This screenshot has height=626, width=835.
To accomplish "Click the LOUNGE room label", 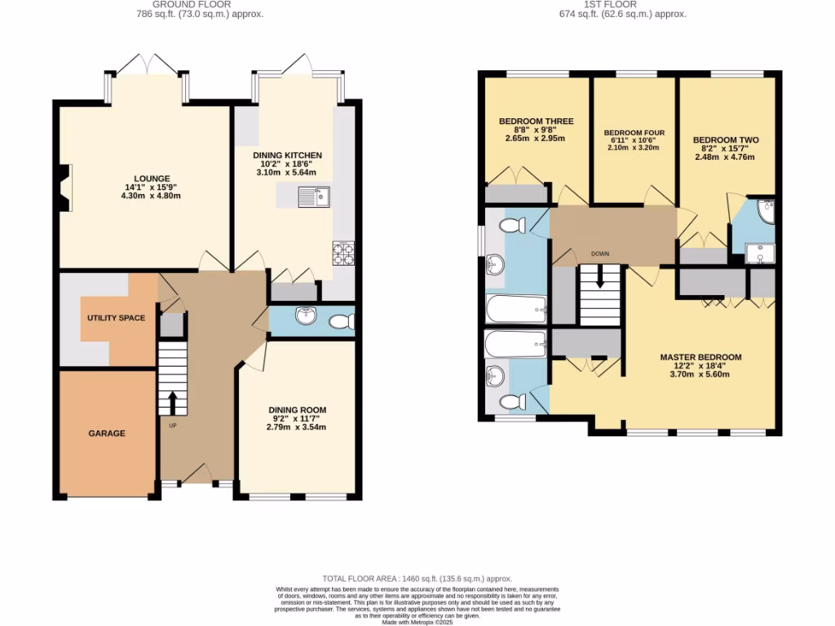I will (x=152, y=179).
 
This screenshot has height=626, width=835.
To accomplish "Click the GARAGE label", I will (x=107, y=433).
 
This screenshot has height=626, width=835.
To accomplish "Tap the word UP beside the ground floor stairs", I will (x=172, y=425).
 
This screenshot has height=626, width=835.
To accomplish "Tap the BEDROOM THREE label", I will (x=536, y=121).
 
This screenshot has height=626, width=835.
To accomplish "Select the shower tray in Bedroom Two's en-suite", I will (x=761, y=254).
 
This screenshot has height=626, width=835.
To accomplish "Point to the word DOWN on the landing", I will (x=600, y=253).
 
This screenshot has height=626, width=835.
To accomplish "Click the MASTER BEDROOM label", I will (x=700, y=357).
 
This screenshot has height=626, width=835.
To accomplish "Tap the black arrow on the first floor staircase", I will (x=599, y=280).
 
